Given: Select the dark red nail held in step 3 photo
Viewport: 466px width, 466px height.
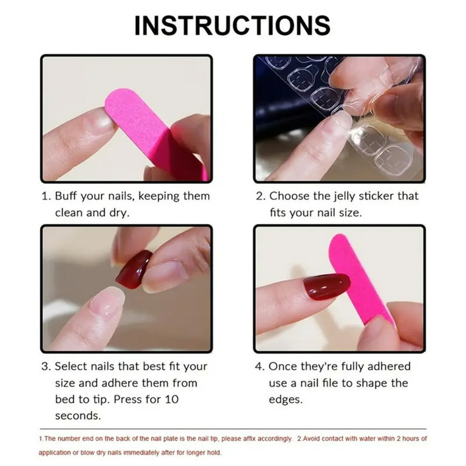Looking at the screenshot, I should click(x=133, y=269).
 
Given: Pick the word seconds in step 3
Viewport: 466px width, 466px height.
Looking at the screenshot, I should click(x=78, y=416).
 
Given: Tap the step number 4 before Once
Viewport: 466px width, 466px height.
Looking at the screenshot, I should click(x=259, y=366).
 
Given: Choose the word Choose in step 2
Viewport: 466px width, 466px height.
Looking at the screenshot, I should click(x=289, y=196).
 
